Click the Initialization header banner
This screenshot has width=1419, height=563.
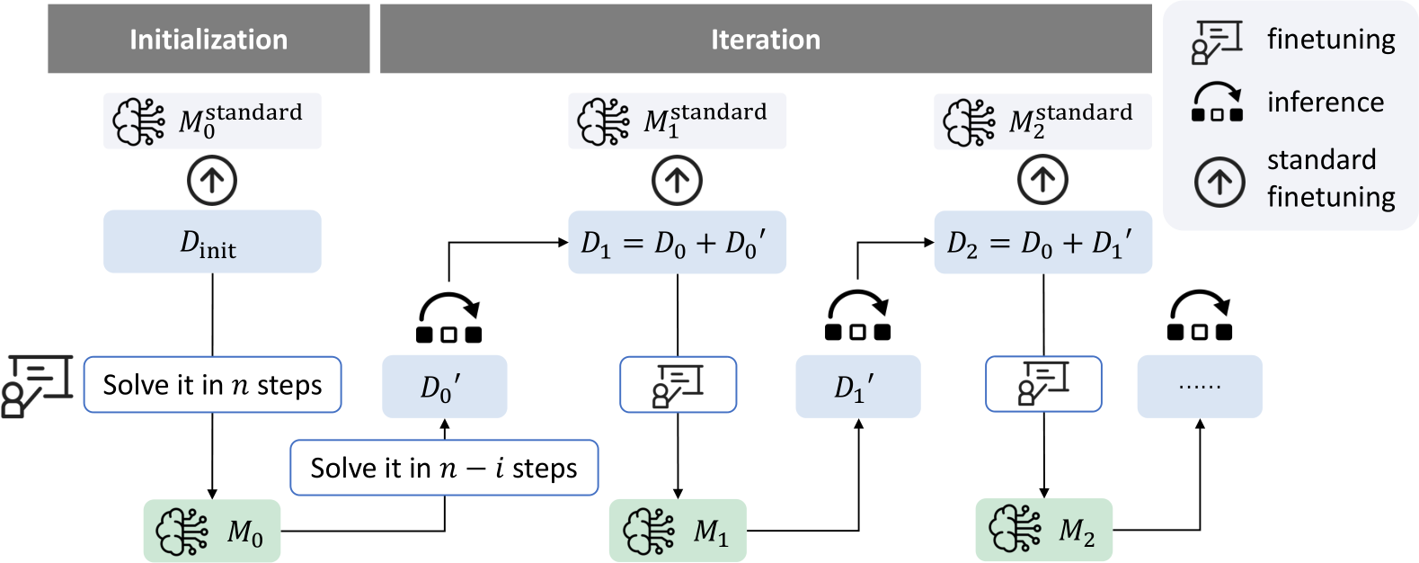pos(208,39)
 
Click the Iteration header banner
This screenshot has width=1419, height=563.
pos(766,39)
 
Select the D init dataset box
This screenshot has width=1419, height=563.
pos(212,242)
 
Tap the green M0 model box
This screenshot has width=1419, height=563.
pos(212,531)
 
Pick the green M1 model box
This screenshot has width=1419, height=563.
pos(678,531)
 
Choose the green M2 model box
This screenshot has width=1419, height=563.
pos(1044,530)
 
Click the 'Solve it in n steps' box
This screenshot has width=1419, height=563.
pos(212,385)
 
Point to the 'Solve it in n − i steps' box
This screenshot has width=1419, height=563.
pos(444,468)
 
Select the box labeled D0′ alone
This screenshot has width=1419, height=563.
pos(445,387)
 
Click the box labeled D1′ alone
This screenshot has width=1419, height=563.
pos(857,387)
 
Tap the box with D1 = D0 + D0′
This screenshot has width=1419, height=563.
pos(678,242)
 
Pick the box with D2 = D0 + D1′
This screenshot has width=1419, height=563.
pos(1043,242)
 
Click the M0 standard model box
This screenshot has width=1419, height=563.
pos(212,121)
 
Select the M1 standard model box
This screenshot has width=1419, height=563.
pos(678,121)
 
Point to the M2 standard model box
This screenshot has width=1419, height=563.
pos(1043,121)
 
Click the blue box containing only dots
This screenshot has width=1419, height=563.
pos(1200,387)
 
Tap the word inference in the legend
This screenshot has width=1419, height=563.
pos(1326,102)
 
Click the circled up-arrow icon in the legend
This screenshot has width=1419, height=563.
pos(1219,182)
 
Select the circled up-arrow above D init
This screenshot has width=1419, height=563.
pos(212,181)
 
